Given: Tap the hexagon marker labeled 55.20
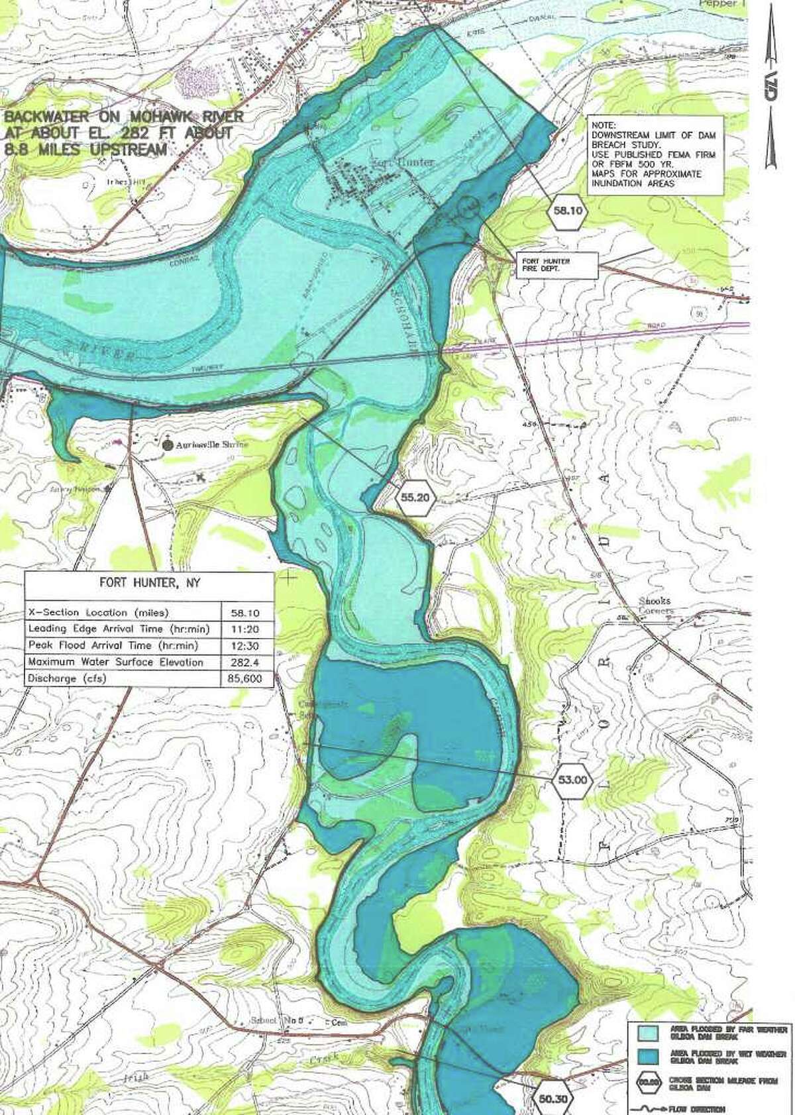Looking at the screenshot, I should [x=415, y=497].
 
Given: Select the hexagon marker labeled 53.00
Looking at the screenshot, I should [x=572, y=780].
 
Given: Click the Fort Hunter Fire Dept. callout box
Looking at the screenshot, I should [x=555, y=265].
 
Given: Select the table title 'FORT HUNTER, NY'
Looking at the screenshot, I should [x=150, y=583].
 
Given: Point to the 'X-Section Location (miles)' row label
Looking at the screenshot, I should [x=98, y=612].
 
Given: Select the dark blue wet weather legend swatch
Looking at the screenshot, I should [x=647, y=1057].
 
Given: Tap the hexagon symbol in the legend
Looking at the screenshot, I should [x=647, y=1084].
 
